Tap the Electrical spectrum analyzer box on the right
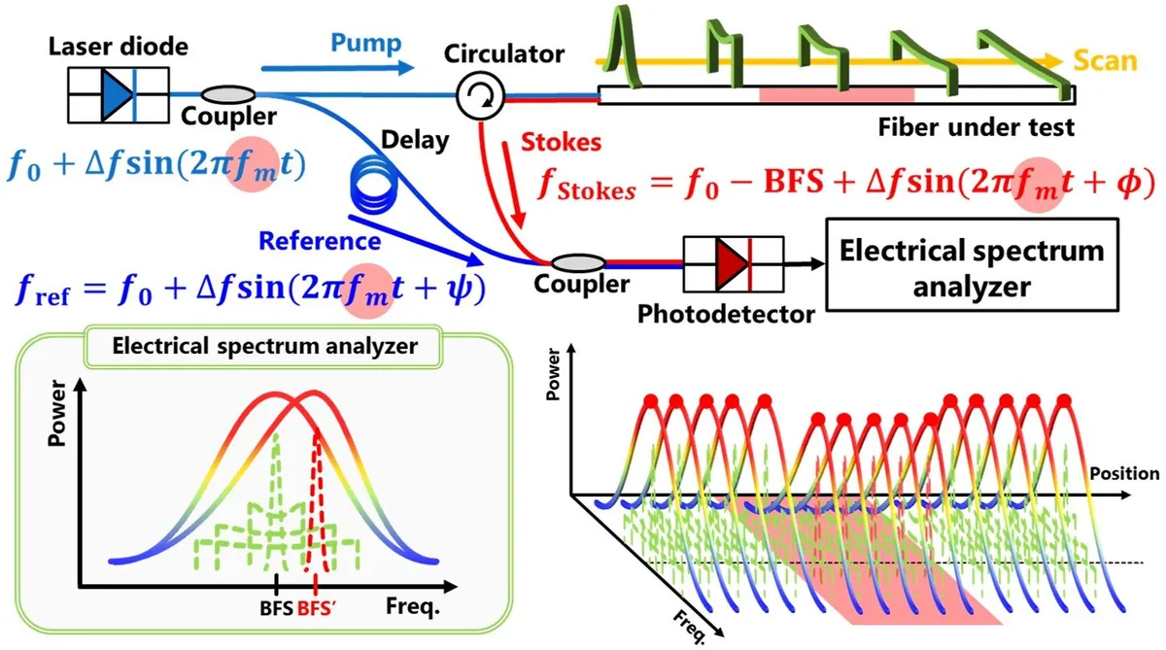pyautogui.click(x=971, y=268)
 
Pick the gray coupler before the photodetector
pyautogui.click(x=577, y=262)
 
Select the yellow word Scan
pyautogui.click(x=1105, y=60)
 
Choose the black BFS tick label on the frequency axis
pyautogui.click(x=274, y=609)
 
